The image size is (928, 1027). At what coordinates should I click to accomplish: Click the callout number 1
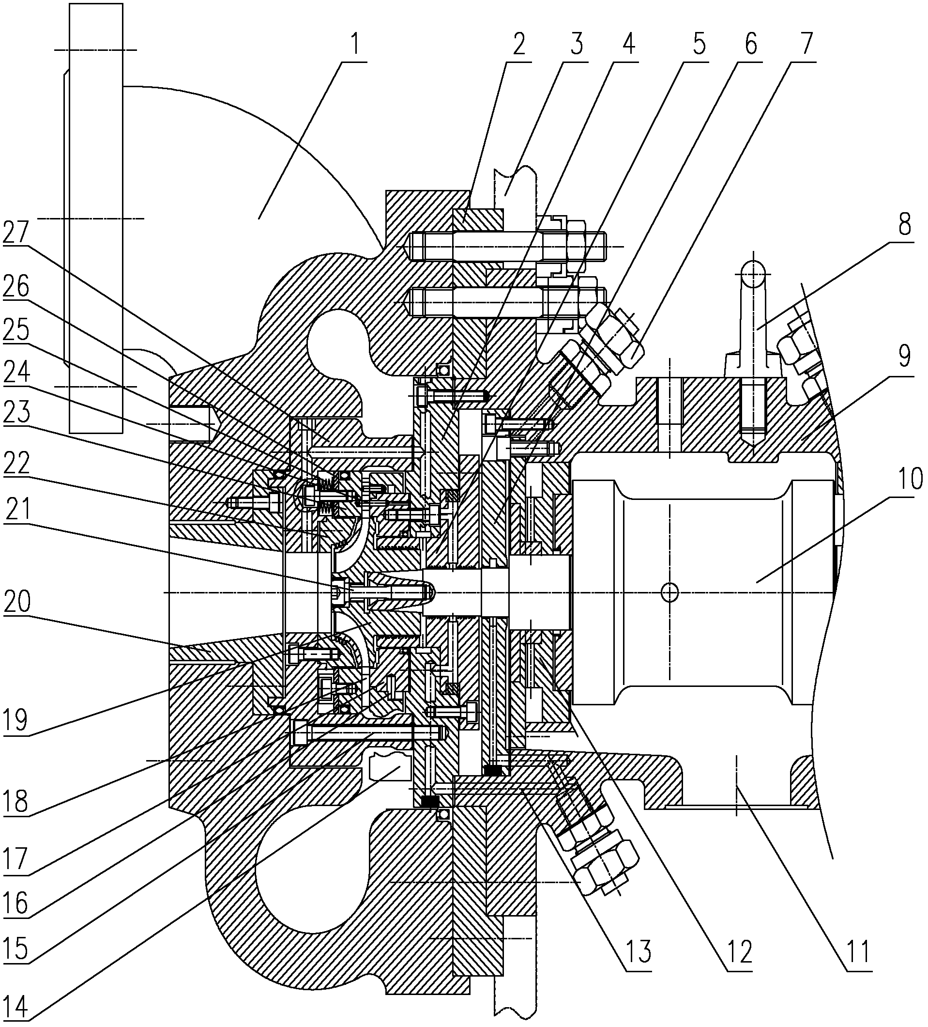(355, 45)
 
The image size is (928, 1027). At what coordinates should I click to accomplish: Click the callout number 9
(904, 357)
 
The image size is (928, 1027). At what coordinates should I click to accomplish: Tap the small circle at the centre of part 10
(669, 592)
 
